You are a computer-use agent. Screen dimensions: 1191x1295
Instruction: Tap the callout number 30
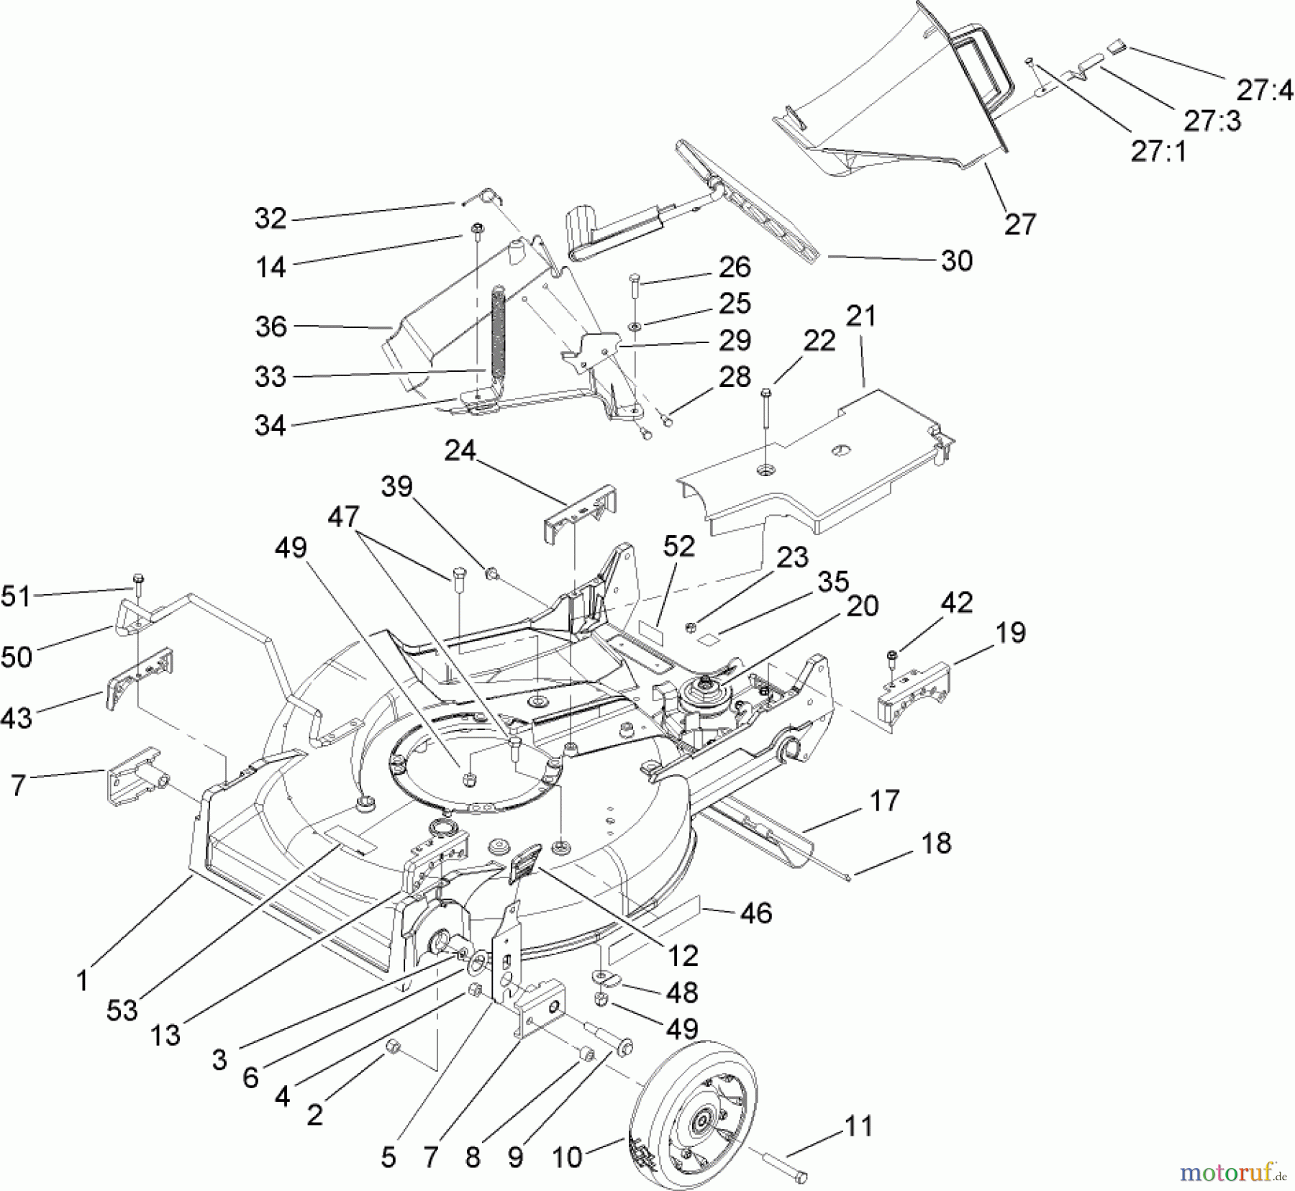956,260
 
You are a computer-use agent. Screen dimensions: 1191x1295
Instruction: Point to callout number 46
755,913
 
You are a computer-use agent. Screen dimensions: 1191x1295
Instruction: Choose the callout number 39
396,487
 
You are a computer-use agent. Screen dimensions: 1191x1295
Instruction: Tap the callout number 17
884,800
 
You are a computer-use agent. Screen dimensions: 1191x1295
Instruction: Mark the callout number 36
271,327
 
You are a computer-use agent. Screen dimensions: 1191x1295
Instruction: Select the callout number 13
165,1035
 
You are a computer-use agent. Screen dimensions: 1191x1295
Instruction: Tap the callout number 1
83,980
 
